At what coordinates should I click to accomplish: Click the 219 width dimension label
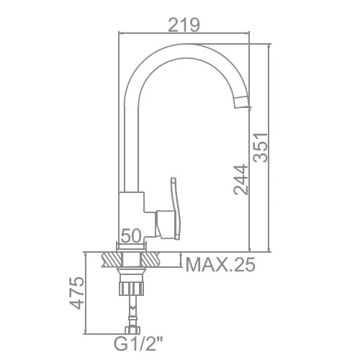[184, 25]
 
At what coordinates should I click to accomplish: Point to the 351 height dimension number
[261, 148]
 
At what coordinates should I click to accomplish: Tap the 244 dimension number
[240, 180]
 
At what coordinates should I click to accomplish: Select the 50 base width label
[130, 235]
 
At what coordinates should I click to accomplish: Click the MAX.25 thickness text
[220, 265]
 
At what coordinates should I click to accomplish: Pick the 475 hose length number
[77, 293]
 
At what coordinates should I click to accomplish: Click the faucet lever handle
[174, 208]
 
